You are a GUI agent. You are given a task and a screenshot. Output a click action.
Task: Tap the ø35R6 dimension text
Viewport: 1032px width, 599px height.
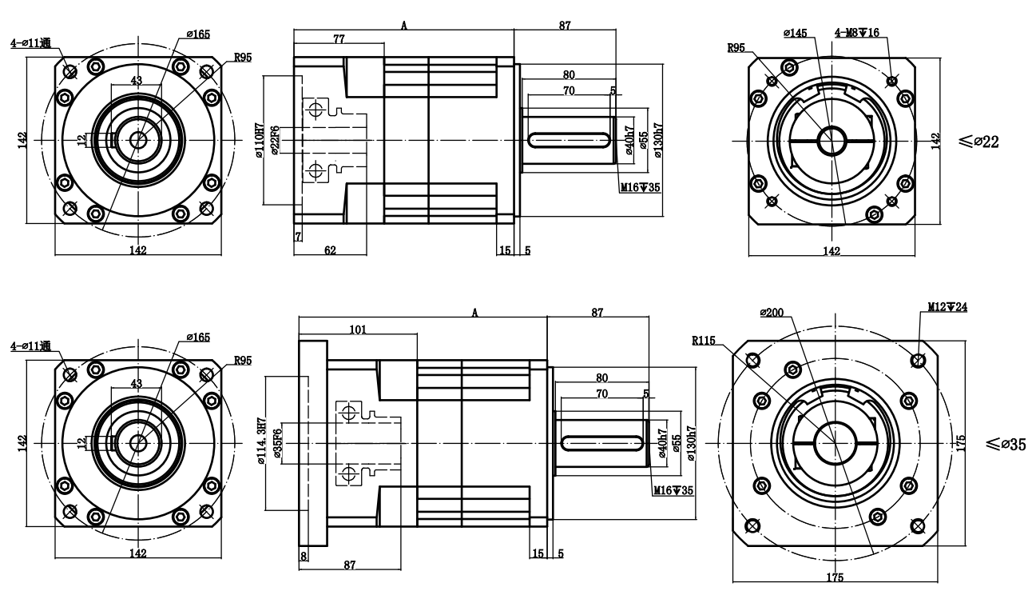277,443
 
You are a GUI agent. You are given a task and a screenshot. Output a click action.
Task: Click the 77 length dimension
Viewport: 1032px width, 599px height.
339,38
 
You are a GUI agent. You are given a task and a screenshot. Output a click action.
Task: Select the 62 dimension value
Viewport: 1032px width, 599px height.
329,250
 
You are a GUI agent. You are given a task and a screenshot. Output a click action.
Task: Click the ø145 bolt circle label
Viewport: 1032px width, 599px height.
795,33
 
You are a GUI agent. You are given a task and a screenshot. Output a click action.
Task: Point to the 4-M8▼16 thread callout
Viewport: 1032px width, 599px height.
857,33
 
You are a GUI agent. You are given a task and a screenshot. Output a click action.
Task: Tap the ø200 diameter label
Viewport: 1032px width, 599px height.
770,312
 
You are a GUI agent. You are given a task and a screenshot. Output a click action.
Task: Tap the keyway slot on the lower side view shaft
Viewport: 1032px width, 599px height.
603,442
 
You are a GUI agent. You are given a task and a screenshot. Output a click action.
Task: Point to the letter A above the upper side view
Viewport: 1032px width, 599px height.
404,26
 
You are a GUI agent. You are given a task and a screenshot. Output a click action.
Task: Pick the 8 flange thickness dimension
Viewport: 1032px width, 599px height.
304,555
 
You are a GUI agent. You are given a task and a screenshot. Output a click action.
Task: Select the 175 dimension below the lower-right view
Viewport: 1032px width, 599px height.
832,577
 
